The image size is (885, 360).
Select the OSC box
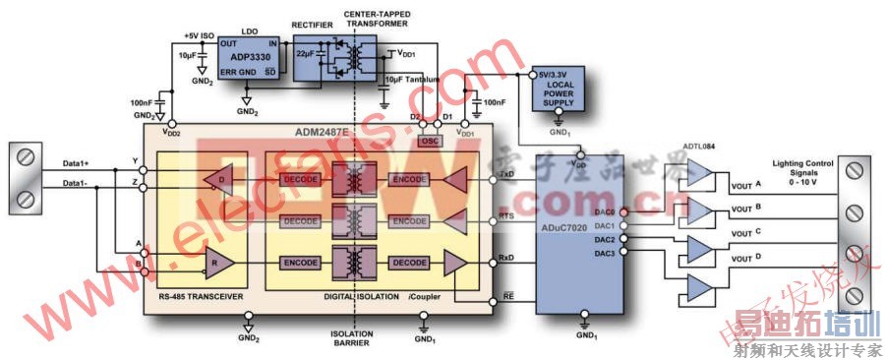[430, 141]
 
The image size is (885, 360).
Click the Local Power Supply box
[560, 93]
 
